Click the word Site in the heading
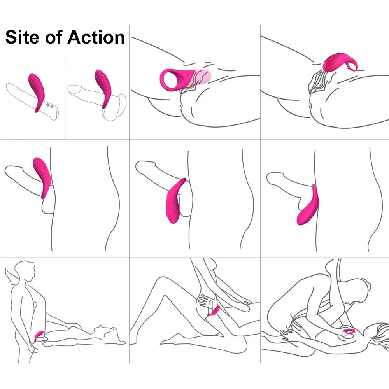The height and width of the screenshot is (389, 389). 22,37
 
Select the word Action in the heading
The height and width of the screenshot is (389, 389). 96,37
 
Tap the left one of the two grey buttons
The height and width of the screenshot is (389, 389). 48,105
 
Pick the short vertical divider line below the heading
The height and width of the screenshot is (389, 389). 65,99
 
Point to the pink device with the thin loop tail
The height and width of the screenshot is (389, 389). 340,62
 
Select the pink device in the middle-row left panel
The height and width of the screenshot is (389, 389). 42,177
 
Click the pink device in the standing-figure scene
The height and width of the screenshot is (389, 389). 39,336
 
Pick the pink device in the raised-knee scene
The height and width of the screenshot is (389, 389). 214,311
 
